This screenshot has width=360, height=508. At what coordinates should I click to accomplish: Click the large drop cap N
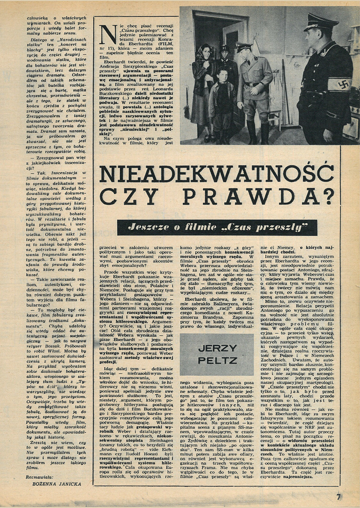pyautogui.click(x=106, y=32)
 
